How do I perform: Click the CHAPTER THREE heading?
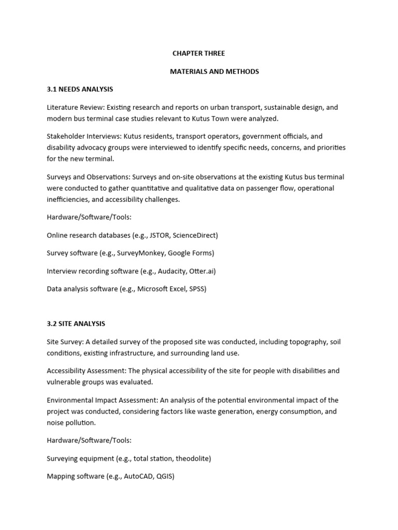tap(198, 53)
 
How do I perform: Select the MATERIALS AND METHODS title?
tap(215, 71)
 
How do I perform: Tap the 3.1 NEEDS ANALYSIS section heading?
tap(80, 89)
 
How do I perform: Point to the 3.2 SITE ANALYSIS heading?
tap(76, 323)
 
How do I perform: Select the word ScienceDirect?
tap(195, 235)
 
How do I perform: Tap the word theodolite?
tap(190, 458)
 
